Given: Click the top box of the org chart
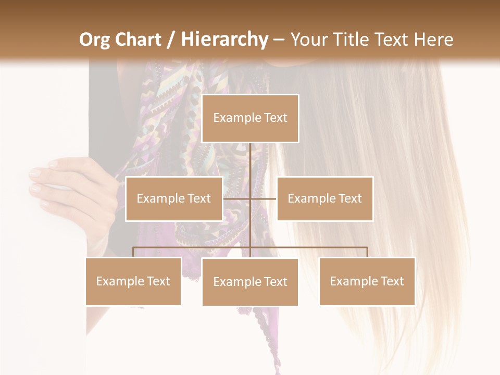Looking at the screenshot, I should pyautogui.click(x=250, y=118).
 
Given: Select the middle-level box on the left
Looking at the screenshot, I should pyautogui.click(x=174, y=198).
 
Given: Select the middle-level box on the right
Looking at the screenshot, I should pyautogui.click(x=325, y=198).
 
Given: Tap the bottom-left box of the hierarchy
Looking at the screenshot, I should pyautogui.click(x=133, y=281).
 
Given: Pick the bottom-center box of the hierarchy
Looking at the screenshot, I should pyautogui.click(x=250, y=282).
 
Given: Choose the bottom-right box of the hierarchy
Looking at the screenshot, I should pyautogui.click(x=367, y=281).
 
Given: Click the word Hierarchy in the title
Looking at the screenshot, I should pyautogui.click(x=224, y=40).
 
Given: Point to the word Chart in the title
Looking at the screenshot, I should pyautogui.click(x=139, y=39).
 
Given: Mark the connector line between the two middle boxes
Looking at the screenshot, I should pyautogui.click(x=263, y=198).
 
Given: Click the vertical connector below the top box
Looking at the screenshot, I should pyautogui.click(x=250, y=161).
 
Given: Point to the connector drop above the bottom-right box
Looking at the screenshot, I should pyautogui.click(x=367, y=252).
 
